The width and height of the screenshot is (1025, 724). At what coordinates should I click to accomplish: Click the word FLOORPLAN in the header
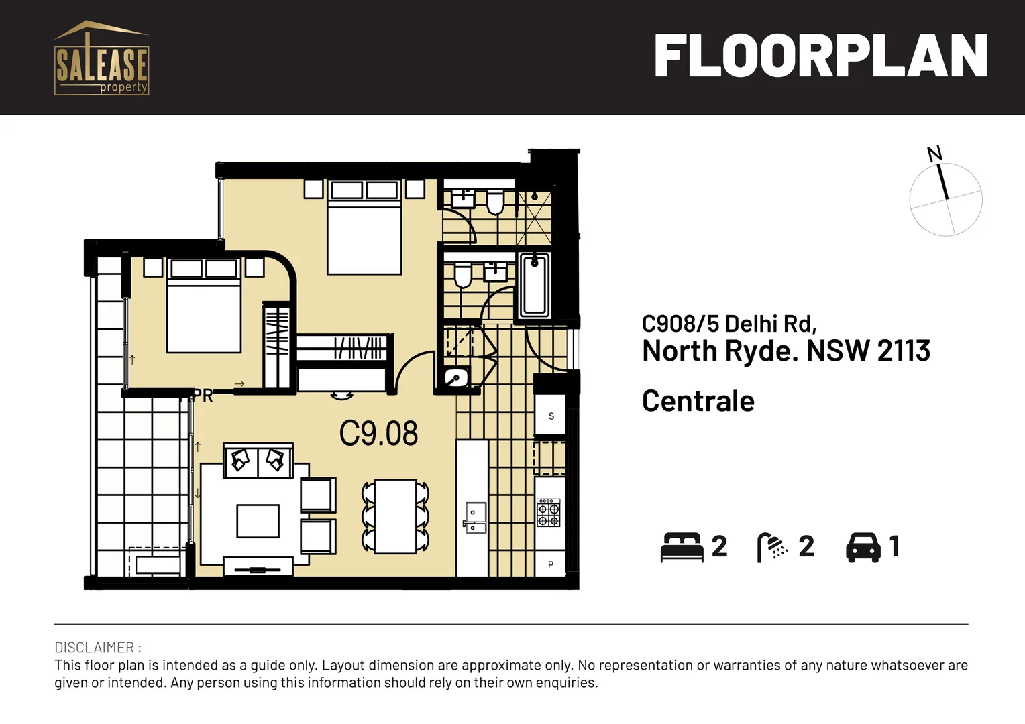click(820, 56)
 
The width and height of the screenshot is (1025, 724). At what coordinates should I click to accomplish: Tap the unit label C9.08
click(378, 434)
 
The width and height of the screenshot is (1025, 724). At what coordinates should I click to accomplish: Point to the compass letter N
click(934, 154)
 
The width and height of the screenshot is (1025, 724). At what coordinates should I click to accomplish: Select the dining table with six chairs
click(396, 516)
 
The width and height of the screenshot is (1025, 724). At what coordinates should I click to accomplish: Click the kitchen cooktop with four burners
click(548, 513)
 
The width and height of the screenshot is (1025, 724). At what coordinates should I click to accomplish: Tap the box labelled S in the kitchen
click(551, 416)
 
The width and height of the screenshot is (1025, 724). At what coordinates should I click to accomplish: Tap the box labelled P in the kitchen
click(551, 564)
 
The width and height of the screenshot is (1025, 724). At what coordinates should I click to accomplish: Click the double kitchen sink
click(475, 518)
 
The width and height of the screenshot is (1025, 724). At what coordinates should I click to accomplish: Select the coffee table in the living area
click(258, 521)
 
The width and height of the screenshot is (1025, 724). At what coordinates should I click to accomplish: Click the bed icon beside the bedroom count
click(681, 547)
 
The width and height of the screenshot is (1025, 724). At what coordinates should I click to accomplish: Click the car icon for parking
click(863, 547)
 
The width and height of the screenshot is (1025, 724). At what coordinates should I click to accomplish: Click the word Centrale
click(698, 401)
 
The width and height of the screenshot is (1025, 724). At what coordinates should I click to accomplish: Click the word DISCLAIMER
click(95, 648)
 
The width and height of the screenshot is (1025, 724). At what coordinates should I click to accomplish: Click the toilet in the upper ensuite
click(495, 201)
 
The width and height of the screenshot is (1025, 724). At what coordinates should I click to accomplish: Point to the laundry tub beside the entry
click(457, 378)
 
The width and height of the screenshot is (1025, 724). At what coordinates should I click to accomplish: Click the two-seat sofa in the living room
click(258, 461)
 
